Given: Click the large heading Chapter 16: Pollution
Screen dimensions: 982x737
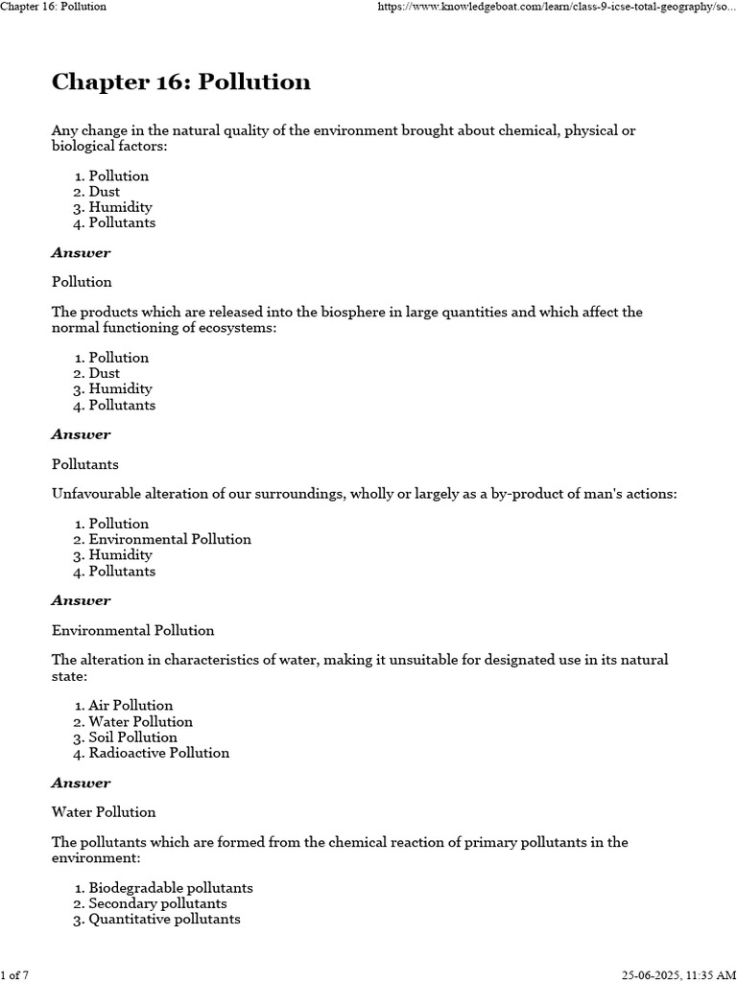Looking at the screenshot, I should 181,82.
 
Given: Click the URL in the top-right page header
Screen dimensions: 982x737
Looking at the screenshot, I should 557,7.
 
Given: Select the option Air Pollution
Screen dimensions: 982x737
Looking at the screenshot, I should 131,706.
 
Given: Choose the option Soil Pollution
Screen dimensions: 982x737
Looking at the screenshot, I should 132,737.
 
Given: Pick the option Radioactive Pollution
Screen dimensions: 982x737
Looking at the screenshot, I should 158,753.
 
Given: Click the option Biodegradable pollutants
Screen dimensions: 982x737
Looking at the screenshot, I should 171,888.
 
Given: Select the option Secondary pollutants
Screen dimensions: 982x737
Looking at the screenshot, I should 157,903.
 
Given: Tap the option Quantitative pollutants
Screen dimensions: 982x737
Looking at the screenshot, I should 164,919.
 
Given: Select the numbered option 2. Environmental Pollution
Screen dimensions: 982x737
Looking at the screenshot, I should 170,539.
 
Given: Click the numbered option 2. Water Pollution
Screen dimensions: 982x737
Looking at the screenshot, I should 140,721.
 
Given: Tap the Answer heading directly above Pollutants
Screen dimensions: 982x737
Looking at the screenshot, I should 81,434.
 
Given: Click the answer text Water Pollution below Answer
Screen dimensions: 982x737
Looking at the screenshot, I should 104,812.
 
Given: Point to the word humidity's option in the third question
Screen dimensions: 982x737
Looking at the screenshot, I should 120,555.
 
